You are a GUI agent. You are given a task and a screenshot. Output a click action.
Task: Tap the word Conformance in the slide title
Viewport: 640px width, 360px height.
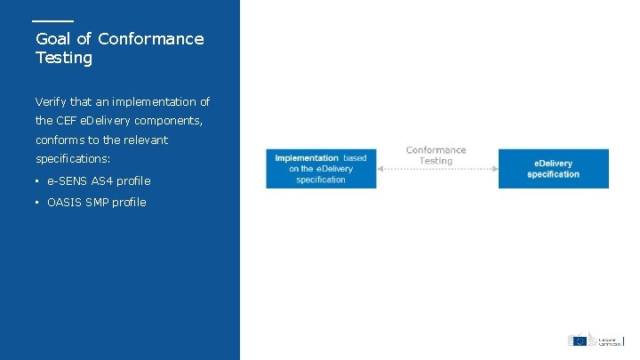(150, 39)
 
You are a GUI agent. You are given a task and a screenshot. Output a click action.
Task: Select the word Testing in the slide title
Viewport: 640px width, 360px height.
(64, 58)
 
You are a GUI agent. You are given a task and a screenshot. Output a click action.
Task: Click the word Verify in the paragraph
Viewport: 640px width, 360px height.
(52, 102)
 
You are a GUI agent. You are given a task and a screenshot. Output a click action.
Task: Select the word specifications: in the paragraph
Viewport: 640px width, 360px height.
(73, 158)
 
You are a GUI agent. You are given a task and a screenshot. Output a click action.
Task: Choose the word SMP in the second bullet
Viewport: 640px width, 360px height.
(97, 203)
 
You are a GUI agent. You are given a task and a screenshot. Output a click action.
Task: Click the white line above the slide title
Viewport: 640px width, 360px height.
(52, 20)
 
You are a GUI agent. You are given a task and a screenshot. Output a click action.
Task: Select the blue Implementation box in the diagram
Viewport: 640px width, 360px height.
(321, 169)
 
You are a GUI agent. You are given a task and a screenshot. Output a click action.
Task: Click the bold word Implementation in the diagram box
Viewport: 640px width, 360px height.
(307, 158)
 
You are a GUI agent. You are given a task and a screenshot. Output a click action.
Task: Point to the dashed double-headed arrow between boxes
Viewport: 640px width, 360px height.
(436, 169)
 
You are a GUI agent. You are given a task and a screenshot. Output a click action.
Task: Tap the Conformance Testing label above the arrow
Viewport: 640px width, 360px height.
(436, 155)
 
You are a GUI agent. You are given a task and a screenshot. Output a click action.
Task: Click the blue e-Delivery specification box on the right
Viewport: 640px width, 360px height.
(553, 169)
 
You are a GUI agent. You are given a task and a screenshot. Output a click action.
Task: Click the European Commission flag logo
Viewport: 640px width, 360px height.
(579, 340)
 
